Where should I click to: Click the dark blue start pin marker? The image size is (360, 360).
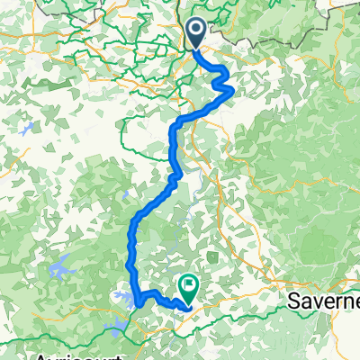coord(196,35)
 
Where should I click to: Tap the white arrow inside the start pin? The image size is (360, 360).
coord(196,33)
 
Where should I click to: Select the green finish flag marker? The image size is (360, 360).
coord(189,288)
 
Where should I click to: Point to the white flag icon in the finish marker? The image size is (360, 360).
coord(189,286)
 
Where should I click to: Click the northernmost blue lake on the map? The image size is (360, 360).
coord(25,129)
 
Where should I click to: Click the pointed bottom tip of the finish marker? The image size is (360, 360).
coord(189,304)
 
